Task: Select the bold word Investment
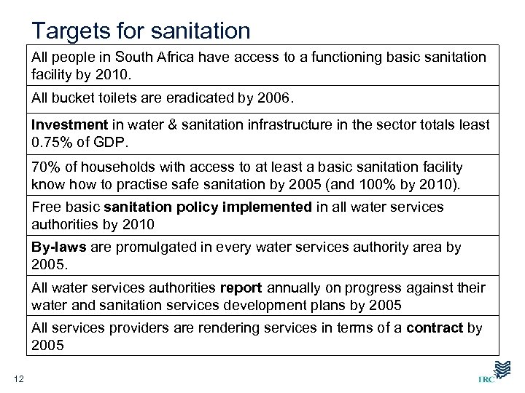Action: tap(69, 125)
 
